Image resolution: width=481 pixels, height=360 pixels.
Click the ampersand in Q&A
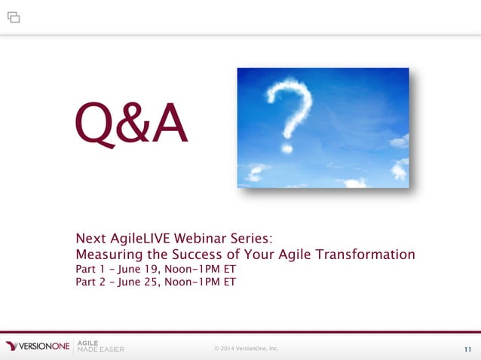coord(133,126)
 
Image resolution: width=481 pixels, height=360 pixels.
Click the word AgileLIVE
coord(142,239)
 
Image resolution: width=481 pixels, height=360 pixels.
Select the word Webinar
coord(206,239)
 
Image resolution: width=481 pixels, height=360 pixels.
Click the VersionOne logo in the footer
coord(38,346)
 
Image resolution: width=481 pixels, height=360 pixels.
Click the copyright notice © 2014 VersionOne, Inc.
coord(246,348)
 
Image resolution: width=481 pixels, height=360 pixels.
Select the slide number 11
coord(467,349)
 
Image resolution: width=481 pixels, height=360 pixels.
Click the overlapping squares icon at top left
coord(14,17)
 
